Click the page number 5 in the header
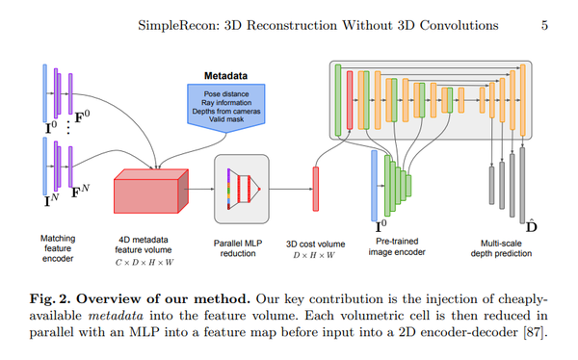tap(545, 24)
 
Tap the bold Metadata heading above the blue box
tap(226, 74)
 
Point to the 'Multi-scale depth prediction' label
tap(507, 246)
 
